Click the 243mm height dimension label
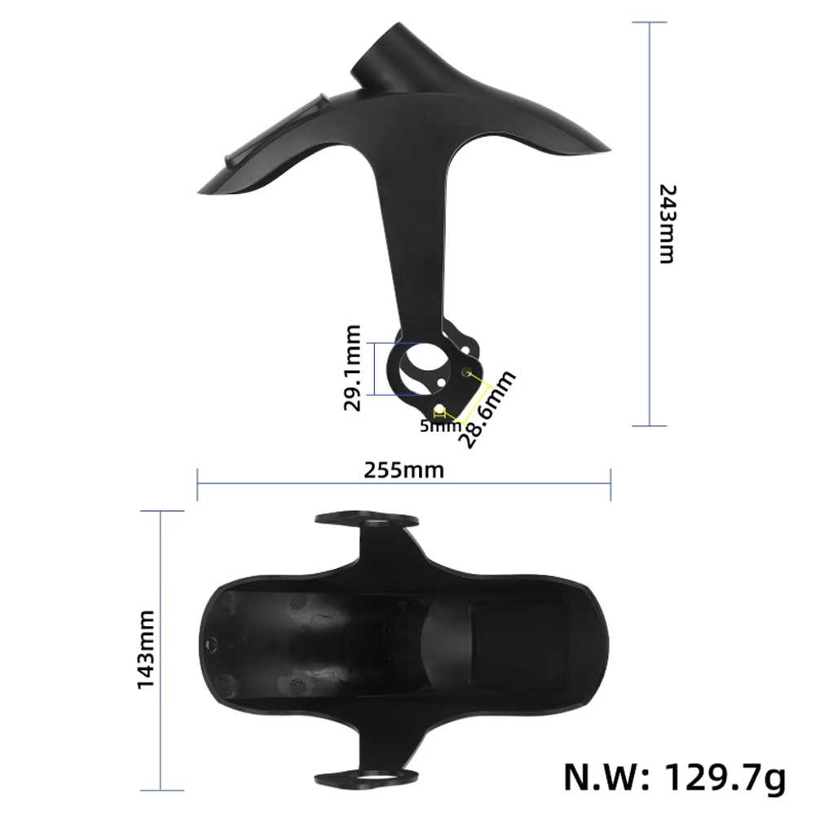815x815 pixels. click(x=667, y=224)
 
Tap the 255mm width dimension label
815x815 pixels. click(x=404, y=470)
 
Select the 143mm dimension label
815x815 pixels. click(x=146, y=650)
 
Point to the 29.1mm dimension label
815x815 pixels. click(x=352, y=368)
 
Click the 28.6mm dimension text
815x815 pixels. click(x=487, y=408)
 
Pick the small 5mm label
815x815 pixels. click(x=440, y=426)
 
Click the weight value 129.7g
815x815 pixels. click(x=725, y=778)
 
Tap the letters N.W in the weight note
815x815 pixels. click(x=606, y=777)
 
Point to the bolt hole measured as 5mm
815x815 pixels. click(x=439, y=411)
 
